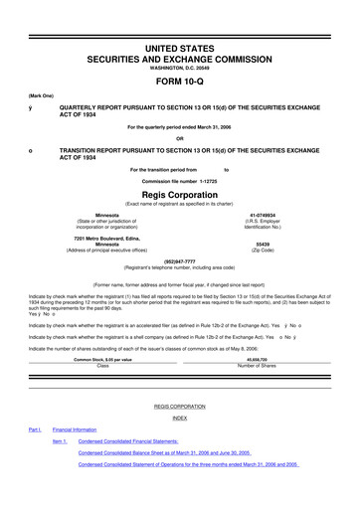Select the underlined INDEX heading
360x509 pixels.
point(179,419)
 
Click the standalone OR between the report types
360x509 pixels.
point(179,138)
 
